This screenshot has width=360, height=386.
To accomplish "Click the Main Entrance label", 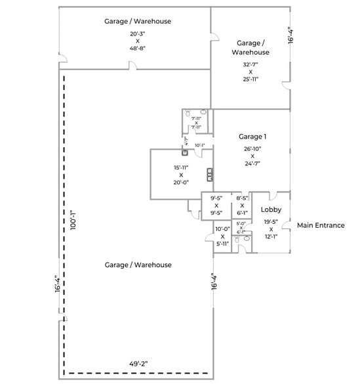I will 321,225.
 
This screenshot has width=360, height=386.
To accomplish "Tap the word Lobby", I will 271,209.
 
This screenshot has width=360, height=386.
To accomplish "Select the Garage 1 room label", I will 252,137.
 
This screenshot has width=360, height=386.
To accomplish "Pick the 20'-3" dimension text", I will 138,33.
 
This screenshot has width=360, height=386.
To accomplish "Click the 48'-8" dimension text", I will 138,49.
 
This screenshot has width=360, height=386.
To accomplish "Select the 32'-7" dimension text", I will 250,64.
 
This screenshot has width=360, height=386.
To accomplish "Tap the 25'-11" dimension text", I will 250,79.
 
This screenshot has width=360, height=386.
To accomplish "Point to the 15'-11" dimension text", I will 181,167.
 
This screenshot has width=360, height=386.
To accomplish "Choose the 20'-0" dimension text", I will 181,183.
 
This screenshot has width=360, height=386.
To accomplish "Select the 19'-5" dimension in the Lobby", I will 271,221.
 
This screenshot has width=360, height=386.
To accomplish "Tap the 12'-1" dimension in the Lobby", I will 271,236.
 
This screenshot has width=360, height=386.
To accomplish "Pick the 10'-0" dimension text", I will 222,228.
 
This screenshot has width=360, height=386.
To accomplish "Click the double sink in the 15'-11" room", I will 210,174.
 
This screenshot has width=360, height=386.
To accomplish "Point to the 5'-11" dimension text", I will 222,244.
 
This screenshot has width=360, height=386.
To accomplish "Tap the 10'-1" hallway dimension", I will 199,145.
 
